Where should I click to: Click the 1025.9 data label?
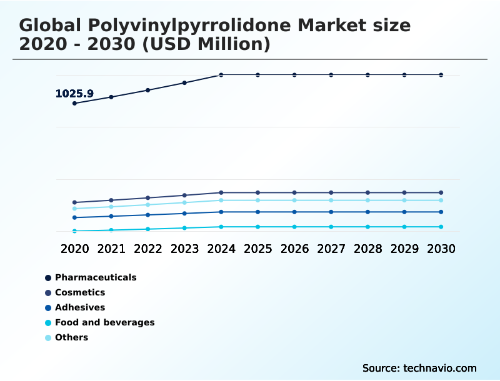[x=74, y=94]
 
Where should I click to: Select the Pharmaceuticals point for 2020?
[x=74, y=103]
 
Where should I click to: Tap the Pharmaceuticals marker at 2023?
[x=184, y=82]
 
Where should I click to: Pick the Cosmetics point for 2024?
[x=221, y=192]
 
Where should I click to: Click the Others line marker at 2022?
[x=148, y=204]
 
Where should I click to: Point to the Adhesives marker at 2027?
[x=331, y=212]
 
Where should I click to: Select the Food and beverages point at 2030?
[x=441, y=227]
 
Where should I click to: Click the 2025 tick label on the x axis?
[x=257, y=249]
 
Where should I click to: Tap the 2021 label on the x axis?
[x=111, y=249]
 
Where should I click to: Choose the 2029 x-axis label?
[x=404, y=249]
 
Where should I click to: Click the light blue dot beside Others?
[x=48, y=337]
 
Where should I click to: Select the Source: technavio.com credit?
[x=419, y=368]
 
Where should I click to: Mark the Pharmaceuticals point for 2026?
[x=294, y=75]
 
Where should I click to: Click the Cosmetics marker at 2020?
[x=74, y=202]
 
